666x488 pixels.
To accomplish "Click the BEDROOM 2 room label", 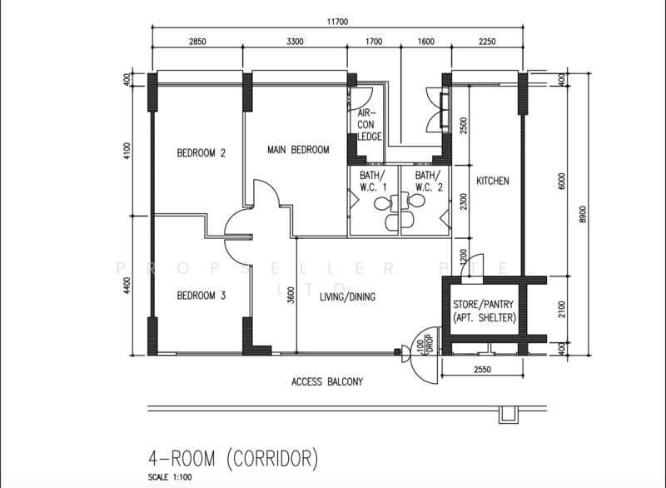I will point(201,152).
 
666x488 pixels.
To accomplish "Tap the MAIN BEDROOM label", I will point(298,150).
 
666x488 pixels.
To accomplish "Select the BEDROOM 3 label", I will point(201,295).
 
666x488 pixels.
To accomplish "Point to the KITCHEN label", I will point(492,181).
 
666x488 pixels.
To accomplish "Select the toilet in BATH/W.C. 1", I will point(381,204).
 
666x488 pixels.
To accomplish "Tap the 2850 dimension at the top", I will point(196,40).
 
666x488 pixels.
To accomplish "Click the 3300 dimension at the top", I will point(300,40).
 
